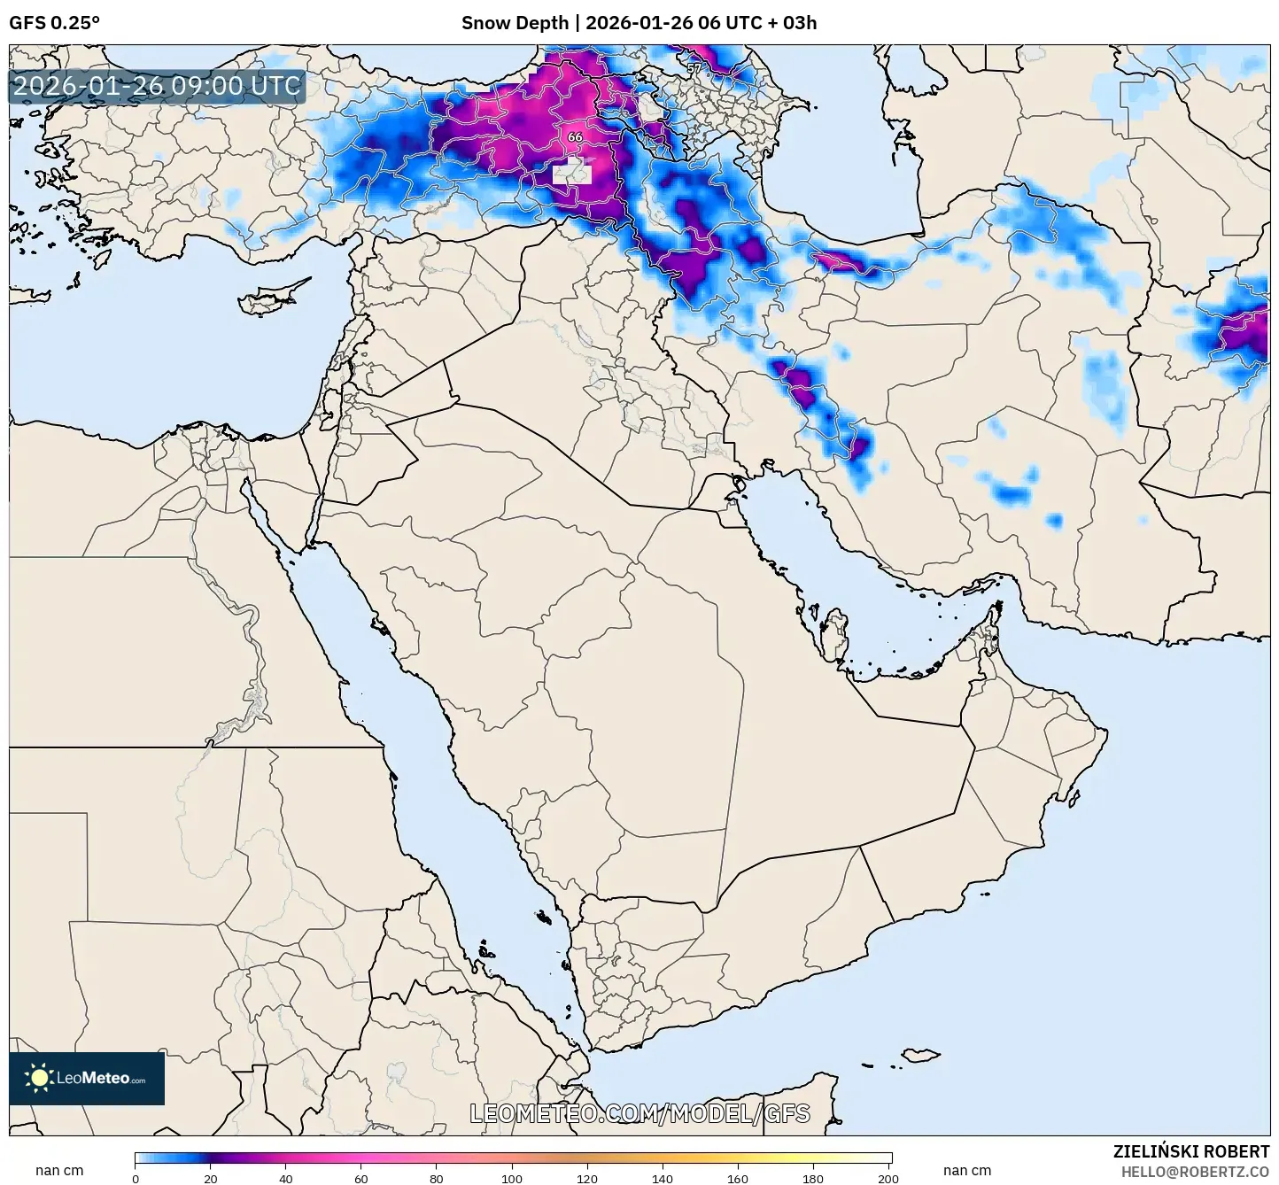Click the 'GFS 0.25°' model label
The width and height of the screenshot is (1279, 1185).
[54, 23]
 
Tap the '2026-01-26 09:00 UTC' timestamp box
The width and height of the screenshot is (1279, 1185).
[157, 86]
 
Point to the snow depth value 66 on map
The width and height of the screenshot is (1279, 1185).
[575, 137]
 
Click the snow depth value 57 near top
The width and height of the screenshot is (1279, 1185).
[694, 68]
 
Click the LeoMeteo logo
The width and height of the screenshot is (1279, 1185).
[87, 1078]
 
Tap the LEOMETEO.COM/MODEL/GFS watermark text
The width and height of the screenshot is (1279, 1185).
[639, 1113]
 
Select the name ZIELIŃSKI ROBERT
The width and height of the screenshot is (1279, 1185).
[1191, 1151]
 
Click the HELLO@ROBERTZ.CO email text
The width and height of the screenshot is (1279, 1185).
[1195, 1171]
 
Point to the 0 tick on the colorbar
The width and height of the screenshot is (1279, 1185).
[136, 1179]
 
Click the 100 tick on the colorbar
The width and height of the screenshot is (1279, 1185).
[512, 1179]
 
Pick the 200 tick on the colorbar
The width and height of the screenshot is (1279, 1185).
[888, 1179]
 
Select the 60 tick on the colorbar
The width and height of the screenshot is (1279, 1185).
[361, 1179]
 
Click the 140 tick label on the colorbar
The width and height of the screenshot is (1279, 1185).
[663, 1179]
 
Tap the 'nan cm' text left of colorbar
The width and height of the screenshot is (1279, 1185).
[59, 1170]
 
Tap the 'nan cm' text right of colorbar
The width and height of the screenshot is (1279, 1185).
[967, 1170]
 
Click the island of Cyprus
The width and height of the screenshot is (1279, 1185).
[270, 298]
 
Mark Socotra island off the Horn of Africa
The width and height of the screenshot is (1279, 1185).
[921, 1055]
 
